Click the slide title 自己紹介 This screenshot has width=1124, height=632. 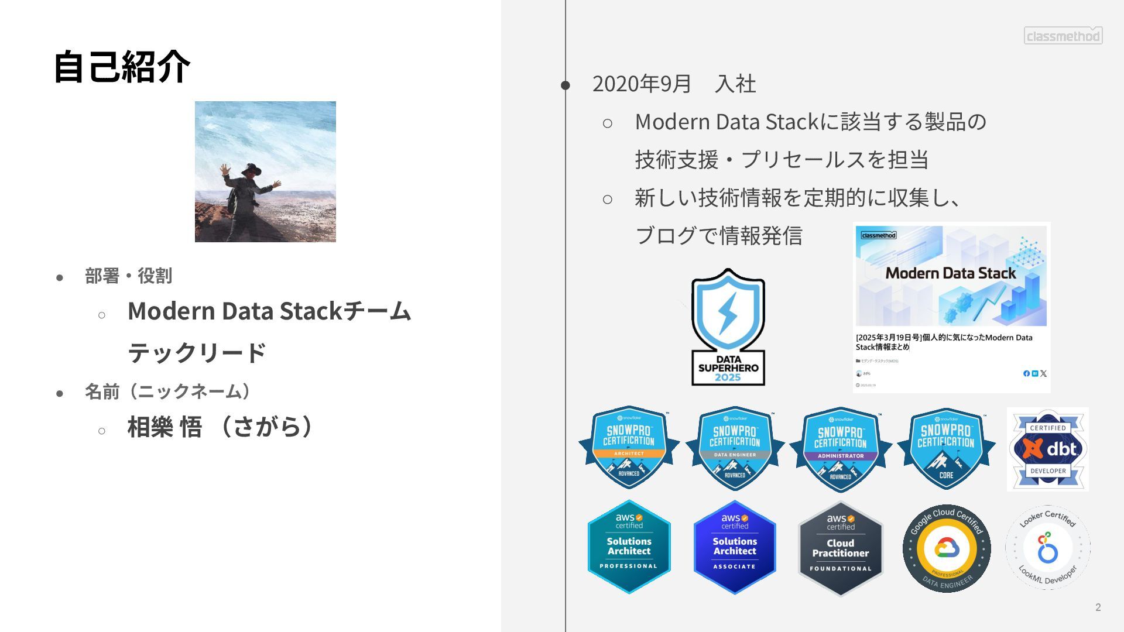(x=122, y=67)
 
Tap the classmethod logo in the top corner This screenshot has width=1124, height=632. (x=1063, y=36)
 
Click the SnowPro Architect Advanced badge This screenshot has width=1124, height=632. (x=629, y=448)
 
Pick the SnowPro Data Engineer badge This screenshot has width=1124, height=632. (x=735, y=448)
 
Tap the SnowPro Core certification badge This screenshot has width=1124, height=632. (x=946, y=448)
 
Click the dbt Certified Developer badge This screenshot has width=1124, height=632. (x=1047, y=449)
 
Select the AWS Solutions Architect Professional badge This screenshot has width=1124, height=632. (x=629, y=547)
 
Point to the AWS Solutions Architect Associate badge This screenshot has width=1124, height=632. (x=735, y=547)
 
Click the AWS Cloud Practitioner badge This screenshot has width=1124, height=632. (x=841, y=548)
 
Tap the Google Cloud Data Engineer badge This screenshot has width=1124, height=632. (x=947, y=548)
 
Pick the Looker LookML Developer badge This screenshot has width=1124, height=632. (x=1047, y=547)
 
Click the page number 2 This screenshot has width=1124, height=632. (x=1098, y=607)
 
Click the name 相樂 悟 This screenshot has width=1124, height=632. (x=165, y=427)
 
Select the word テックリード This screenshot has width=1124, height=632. (x=197, y=352)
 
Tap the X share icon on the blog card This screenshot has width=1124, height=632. (x=1043, y=373)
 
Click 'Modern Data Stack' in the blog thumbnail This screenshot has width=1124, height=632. (x=950, y=273)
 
